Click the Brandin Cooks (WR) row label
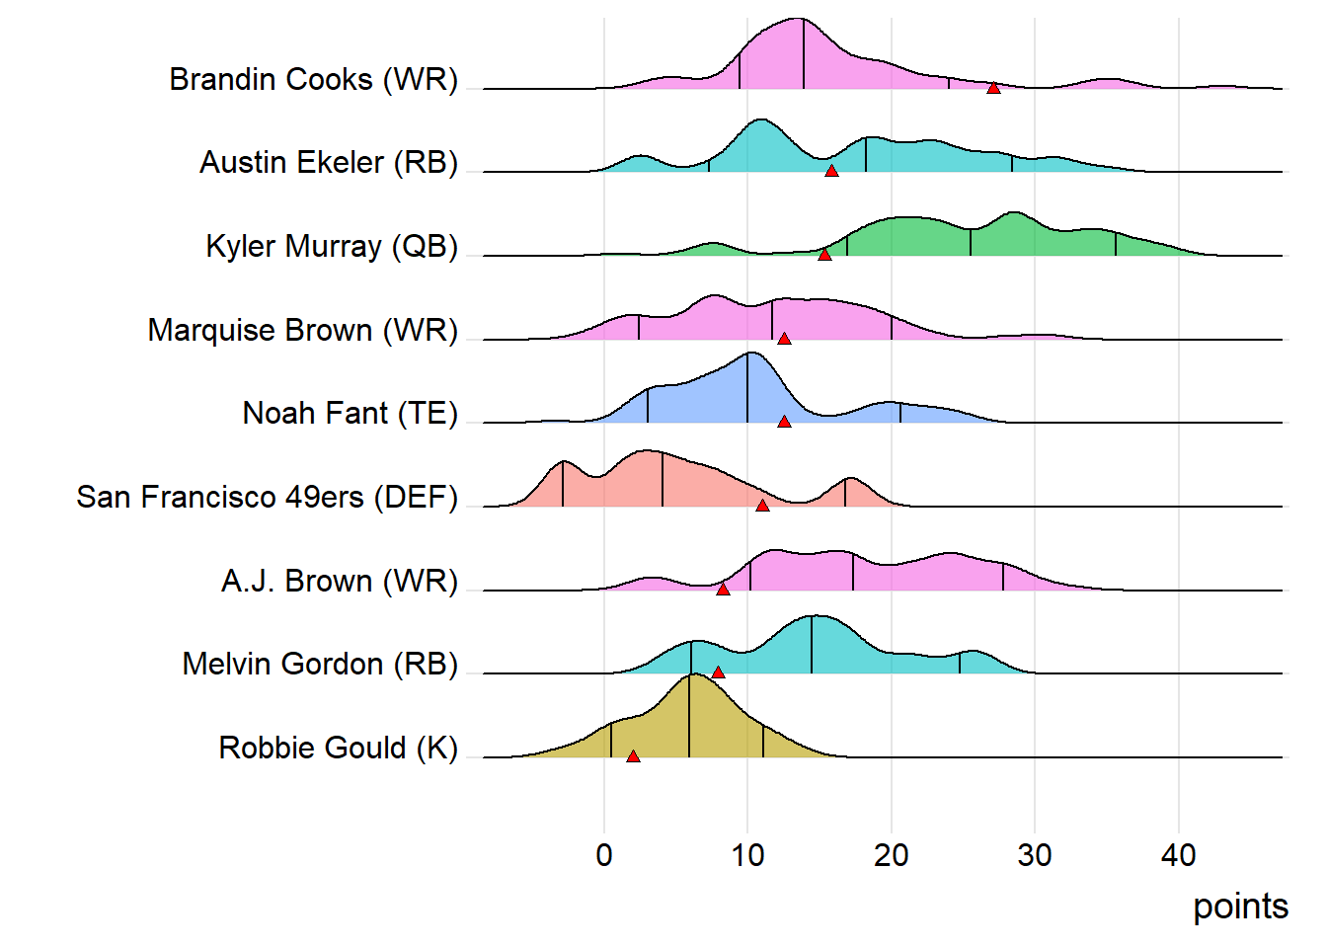pos(313,79)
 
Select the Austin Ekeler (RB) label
pos(329,162)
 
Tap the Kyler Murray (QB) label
pos(332,246)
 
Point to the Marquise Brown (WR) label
pos(302,330)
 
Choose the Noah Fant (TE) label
pos(350,413)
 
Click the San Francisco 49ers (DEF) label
pos(267,497)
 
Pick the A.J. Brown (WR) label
pos(339,581)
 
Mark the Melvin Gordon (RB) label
pos(320,664)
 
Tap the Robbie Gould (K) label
pos(338,748)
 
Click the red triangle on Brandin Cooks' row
pos(993,88)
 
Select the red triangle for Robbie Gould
pos(633,756)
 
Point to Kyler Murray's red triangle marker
pos(824,255)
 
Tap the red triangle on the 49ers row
pos(762,506)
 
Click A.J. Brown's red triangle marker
pos(723,590)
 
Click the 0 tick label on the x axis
pos(604,855)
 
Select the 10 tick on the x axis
pos(747,855)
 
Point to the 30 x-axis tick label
pos(1035,855)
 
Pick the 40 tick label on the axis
pos(1178,855)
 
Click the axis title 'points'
pos(1240,907)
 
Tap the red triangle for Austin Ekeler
pos(831,172)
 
